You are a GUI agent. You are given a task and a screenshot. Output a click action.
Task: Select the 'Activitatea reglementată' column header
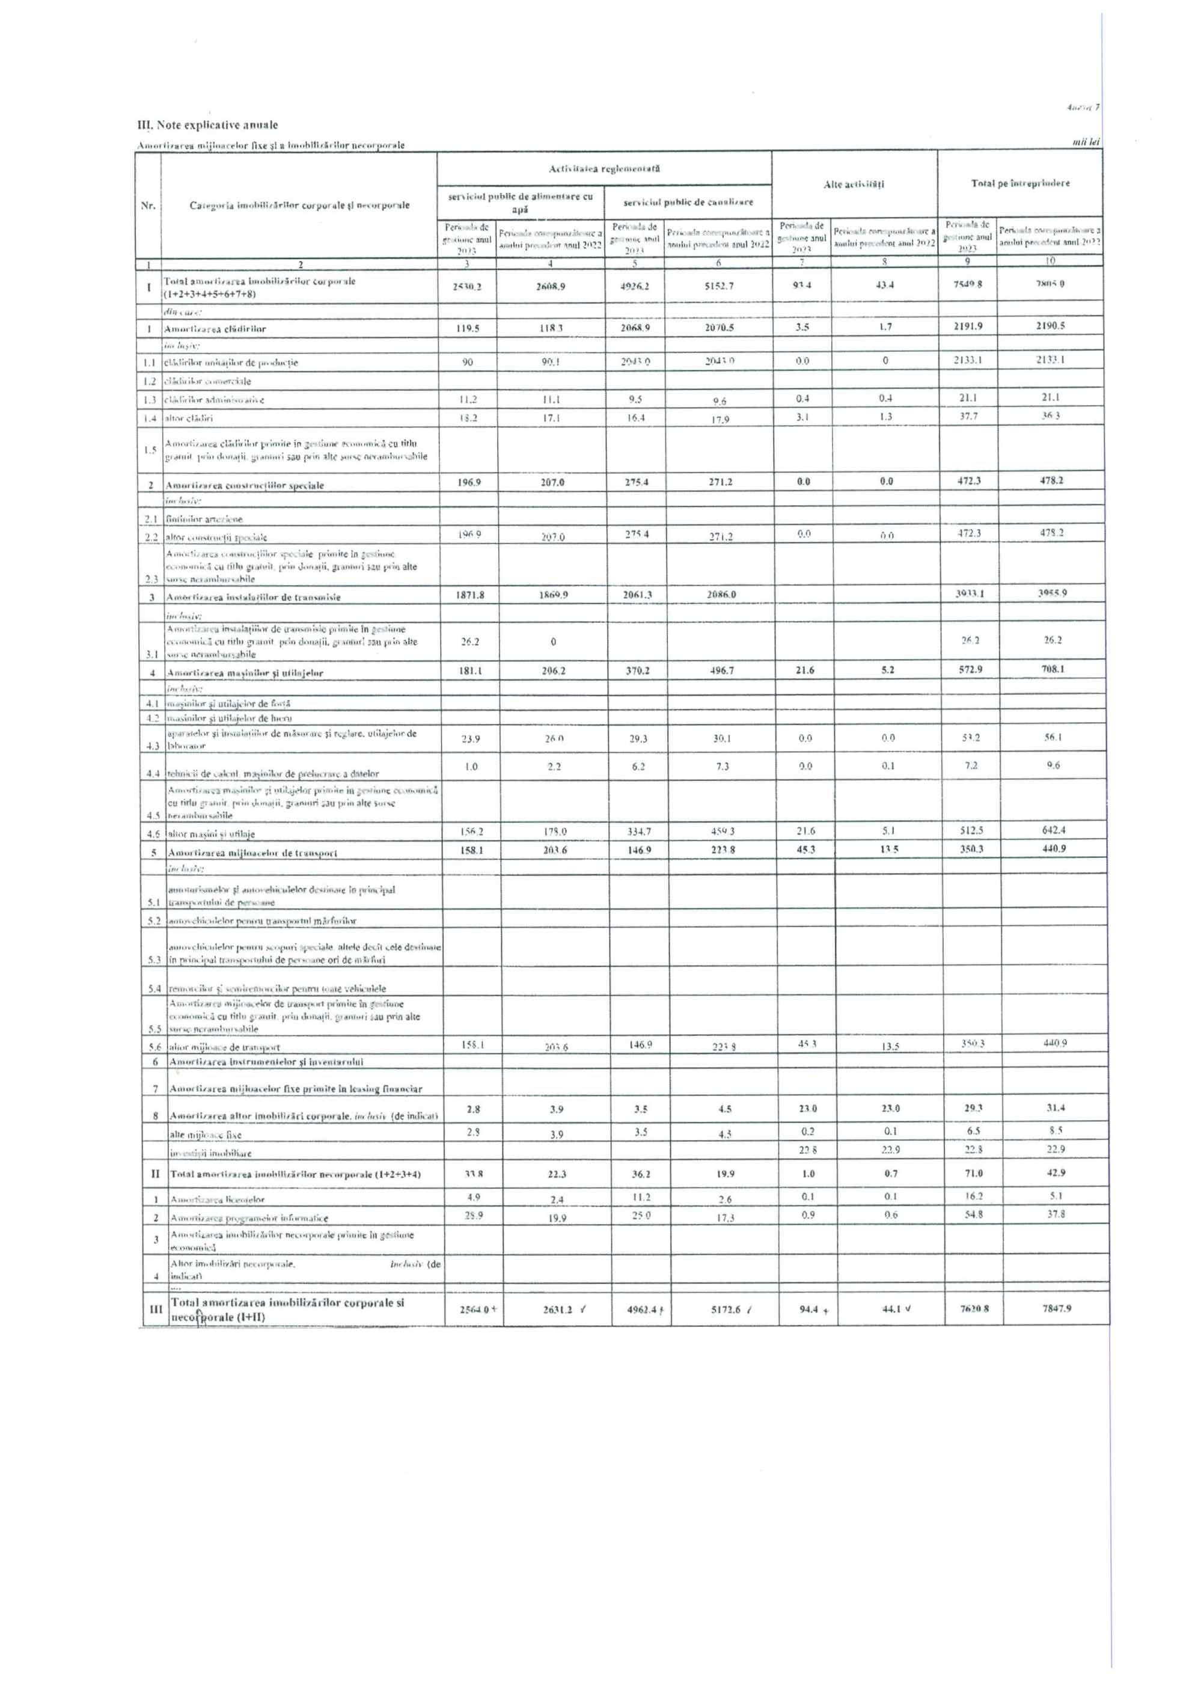pyautogui.click(x=604, y=168)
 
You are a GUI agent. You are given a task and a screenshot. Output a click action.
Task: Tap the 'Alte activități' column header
pyautogui.click(x=854, y=184)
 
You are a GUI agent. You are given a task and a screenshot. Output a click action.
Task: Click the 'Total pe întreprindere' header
pyautogui.click(x=1020, y=183)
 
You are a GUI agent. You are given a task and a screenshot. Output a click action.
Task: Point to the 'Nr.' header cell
pyautogui.click(x=148, y=206)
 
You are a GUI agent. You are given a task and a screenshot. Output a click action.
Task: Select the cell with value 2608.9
pyautogui.click(x=551, y=286)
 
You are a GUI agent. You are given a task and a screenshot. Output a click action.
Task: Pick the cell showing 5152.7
pyautogui.click(x=718, y=286)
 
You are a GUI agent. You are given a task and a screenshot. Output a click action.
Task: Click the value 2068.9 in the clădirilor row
pyautogui.click(x=636, y=328)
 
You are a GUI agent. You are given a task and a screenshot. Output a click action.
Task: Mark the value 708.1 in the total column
pyautogui.click(x=1053, y=669)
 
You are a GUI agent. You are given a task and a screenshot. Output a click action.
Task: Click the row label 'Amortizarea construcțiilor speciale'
pyautogui.click(x=244, y=485)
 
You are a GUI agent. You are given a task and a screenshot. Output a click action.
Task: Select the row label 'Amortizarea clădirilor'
pyautogui.click(x=215, y=329)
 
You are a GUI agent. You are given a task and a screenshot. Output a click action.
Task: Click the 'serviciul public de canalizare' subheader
pyautogui.click(x=688, y=201)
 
